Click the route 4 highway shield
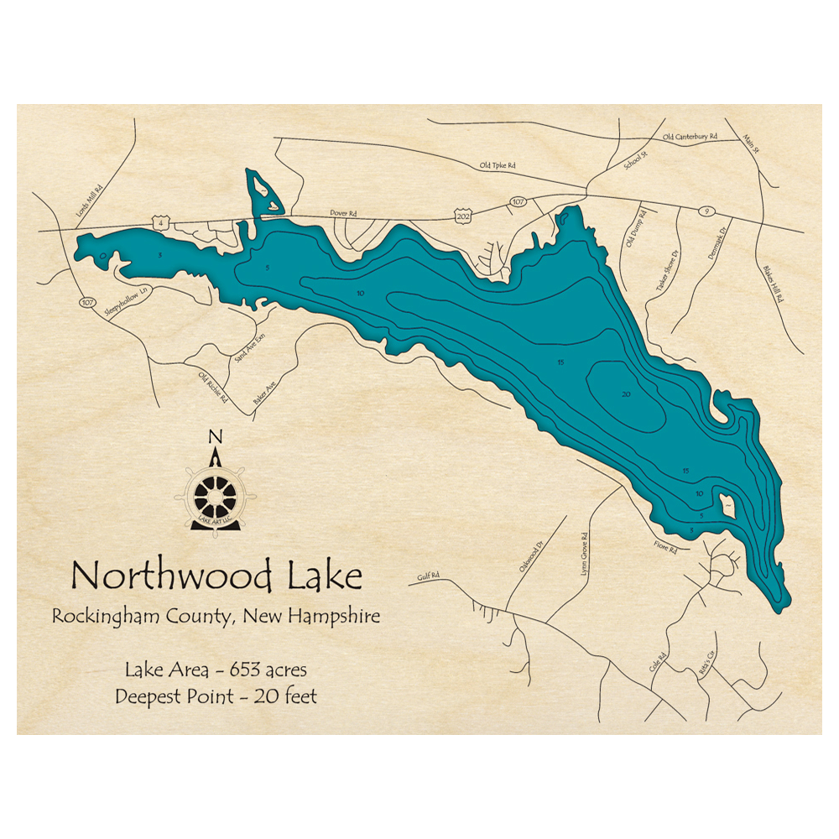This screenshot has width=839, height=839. [x=159, y=221]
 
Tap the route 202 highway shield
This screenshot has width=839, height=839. [x=461, y=215]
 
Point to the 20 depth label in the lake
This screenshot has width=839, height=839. [x=625, y=393]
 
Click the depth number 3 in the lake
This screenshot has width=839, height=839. [x=159, y=254]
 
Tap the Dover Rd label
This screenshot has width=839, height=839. [x=344, y=214]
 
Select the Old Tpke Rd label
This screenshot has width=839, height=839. [x=497, y=166]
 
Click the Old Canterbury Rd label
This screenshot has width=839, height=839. [x=690, y=136]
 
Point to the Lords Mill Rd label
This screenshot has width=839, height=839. [x=89, y=201]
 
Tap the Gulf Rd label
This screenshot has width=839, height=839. [x=428, y=578]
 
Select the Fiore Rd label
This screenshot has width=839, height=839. [x=665, y=545]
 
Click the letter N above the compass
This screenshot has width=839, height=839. [x=216, y=436]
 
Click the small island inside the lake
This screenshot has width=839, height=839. [x=725, y=505]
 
